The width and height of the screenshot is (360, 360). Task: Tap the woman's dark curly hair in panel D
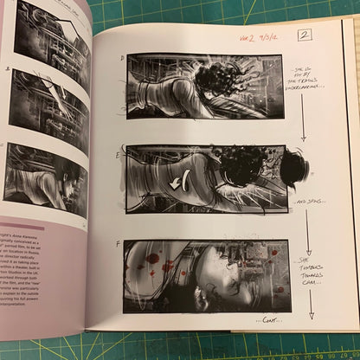tap(210, 82)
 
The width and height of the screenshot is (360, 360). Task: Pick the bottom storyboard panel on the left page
tap(45, 177)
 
